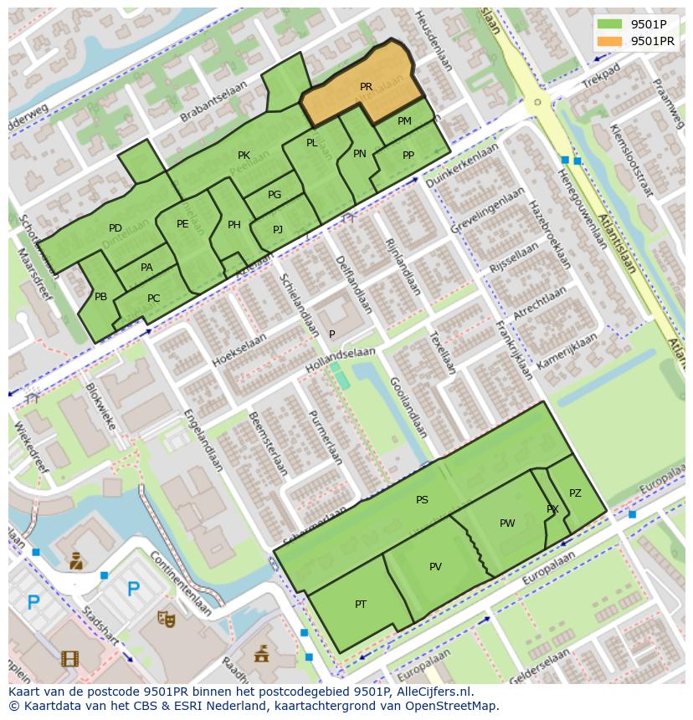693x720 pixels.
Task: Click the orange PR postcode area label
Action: point(366,87)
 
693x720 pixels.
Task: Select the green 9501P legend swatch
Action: point(611,24)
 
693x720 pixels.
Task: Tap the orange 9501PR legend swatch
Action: point(611,41)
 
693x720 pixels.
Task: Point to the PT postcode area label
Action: point(361,604)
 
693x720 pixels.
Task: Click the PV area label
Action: point(435,567)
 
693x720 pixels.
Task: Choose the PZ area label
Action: point(575,493)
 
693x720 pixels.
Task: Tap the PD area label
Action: point(116,228)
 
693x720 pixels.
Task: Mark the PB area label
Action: point(100,297)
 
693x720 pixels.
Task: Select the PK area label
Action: point(244,156)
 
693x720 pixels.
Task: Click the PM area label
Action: point(404,121)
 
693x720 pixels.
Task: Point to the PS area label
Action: point(422,500)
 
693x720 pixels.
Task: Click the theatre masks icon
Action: point(167,619)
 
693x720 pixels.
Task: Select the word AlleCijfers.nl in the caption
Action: point(435,692)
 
